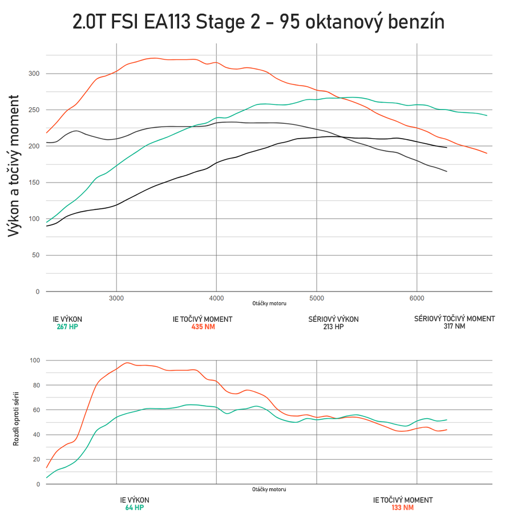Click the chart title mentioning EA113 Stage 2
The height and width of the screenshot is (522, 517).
(258, 22)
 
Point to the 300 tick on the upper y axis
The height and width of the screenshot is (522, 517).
(34, 74)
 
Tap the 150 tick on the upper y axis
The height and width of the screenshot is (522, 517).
(34, 183)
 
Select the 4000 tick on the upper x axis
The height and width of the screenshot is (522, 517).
(216, 298)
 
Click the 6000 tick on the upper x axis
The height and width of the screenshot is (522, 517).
(417, 298)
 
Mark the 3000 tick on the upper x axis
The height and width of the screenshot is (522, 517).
(116, 298)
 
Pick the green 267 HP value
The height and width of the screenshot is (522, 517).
(67, 327)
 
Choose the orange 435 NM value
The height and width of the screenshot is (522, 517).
(203, 327)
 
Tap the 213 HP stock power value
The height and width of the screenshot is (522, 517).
(334, 327)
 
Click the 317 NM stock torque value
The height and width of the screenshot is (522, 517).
(454, 327)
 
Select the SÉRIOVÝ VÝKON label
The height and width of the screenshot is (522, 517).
(334, 319)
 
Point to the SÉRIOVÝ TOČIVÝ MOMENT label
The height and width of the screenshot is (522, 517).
(454, 319)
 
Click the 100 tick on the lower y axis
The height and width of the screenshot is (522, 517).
(35, 361)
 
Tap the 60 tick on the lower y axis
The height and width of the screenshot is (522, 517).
(37, 410)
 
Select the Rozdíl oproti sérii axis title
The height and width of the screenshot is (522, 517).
(17, 418)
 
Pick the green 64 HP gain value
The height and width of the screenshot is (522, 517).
(135, 508)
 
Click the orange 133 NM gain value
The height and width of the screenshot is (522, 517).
(402, 508)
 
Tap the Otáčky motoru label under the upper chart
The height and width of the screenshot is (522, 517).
(269, 304)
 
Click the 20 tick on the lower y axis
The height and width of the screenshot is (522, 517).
(37, 459)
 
